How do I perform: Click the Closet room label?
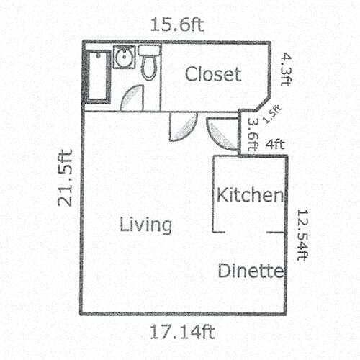[x=212, y=74]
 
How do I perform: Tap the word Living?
[x=146, y=225]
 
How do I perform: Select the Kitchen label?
[x=250, y=194]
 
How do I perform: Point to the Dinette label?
[x=250, y=271]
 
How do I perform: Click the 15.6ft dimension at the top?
[x=177, y=24]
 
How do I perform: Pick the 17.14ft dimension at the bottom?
[x=181, y=333]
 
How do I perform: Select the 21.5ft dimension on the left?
[x=66, y=177]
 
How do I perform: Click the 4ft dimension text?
[x=275, y=143]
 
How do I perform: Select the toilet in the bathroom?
[x=149, y=63]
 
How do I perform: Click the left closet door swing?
[x=179, y=127]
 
